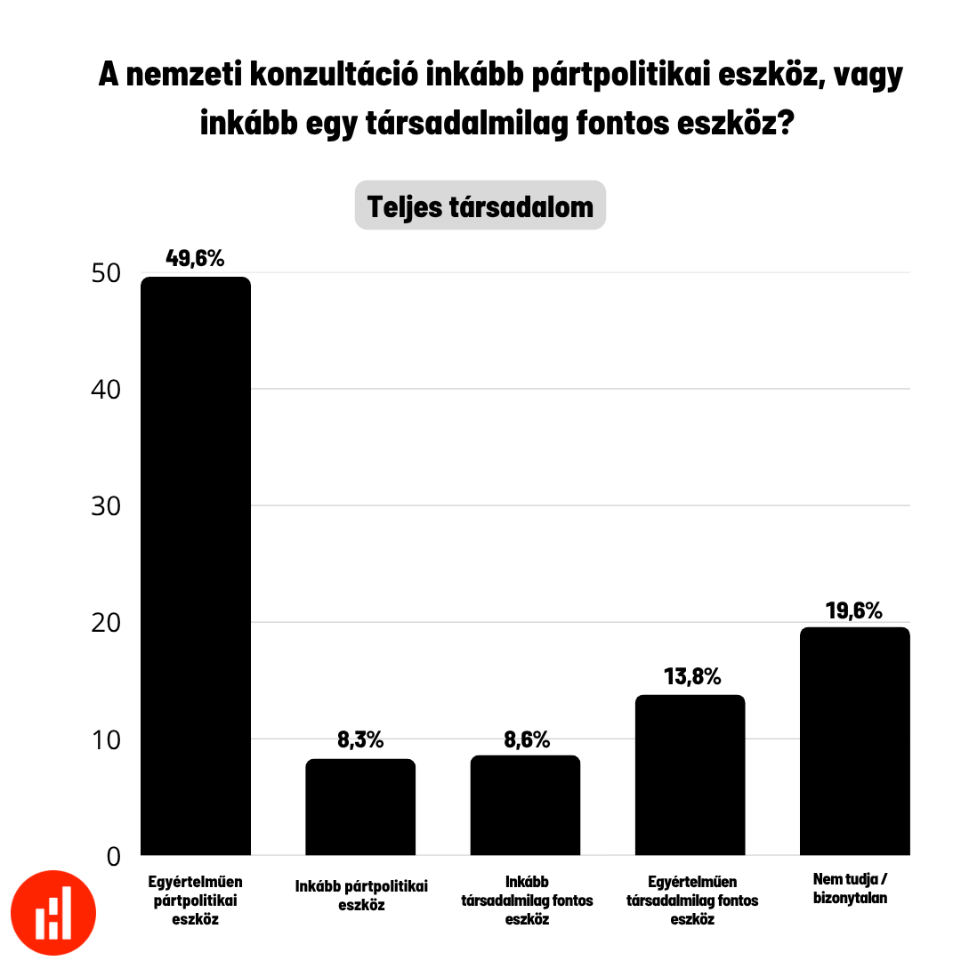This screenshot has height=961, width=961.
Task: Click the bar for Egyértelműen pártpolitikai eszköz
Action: pyautogui.click(x=196, y=566)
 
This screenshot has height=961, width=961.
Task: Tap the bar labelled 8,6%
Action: pyautogui.click(x=525, y=805)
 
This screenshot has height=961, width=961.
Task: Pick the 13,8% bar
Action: pyautogui.click(x=690, y=775)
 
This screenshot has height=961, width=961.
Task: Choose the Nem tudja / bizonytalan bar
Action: pyautogui.click(x=854, y=741)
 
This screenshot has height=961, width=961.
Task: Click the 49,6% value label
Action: pyautogui.click(x=196, y=259)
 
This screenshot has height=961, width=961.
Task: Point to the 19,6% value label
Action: pyautogui.click(x=854, y=610)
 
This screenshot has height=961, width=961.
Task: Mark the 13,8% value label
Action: pyautogui.click(x=691, y=676)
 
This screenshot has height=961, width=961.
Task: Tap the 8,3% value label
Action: pyautogui.click(x=360, y=740)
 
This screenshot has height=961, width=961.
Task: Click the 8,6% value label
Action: pyautogui.click(x=526, y=739)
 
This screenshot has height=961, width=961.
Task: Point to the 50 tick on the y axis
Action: pyautogui.click(x=106, y=273)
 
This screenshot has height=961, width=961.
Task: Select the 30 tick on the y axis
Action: pyautogui.click(x=106, y=505)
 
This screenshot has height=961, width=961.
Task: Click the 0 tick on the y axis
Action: pyautogui.click(x=113, y=856)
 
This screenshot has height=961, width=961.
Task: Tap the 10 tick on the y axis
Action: pyautogui.click(x=106, y=739)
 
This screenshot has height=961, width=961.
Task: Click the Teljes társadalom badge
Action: pyautogui.click(x=480, y=206)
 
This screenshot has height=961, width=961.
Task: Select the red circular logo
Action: pyautogui.click(x=53, y=913)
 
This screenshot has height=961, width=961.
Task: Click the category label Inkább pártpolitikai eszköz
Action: pyautogui.click(x=361, y=895)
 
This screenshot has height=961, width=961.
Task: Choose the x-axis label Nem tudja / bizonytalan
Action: pyautogui.click(x=851, y=888)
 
